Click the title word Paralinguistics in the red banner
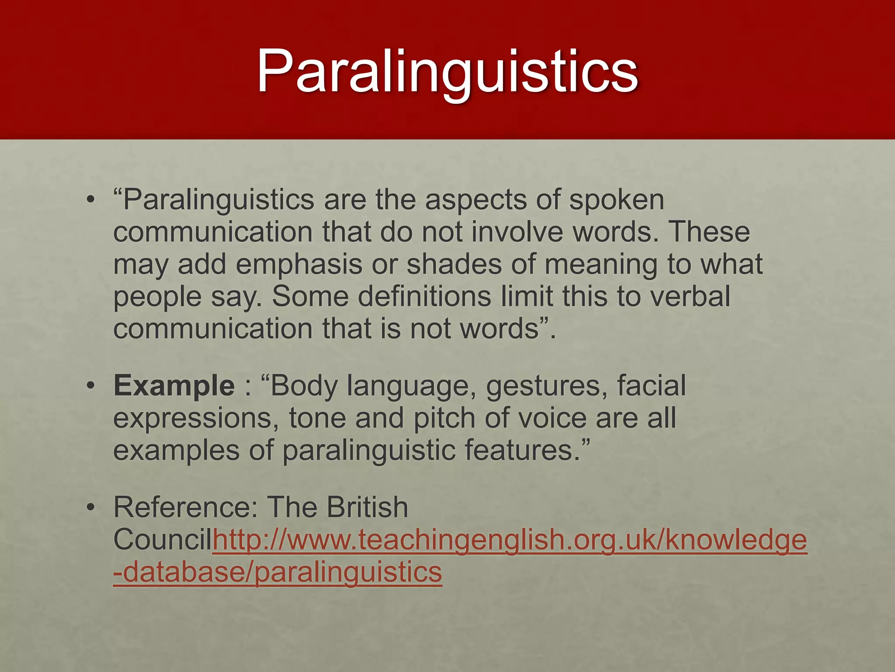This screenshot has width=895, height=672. [x=447, y=71]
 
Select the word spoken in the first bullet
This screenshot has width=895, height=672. [x=617, y=200]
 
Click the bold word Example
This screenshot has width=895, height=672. [x=174, y=386]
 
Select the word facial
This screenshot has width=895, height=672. [x=652, y=386]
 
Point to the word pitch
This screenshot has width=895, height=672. [x=444, y=419]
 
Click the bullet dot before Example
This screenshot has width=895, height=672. [x=90, y=386]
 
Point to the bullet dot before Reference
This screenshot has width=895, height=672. [x=90, y=507]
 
